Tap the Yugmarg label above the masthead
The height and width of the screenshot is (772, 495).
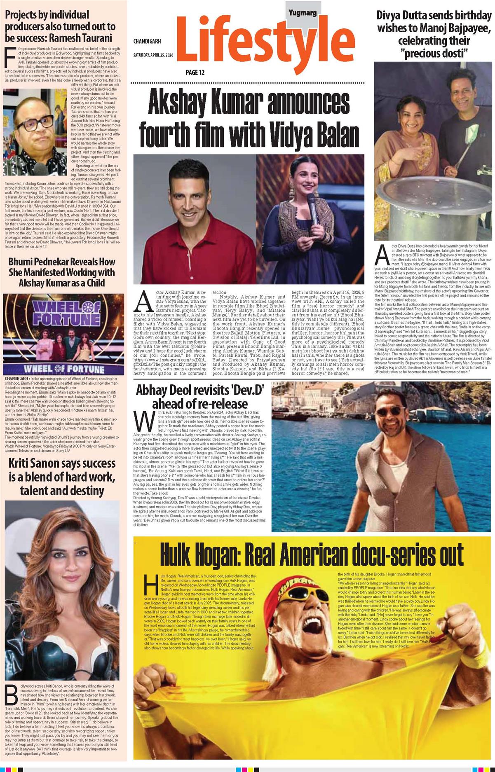point(302,13)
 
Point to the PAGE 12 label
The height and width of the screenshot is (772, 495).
point(195,73)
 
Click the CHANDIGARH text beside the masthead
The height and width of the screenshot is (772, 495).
point(147,41)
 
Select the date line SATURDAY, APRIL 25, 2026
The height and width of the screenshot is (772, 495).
point(153,55)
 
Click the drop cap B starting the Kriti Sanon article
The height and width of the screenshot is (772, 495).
point(12,695)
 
